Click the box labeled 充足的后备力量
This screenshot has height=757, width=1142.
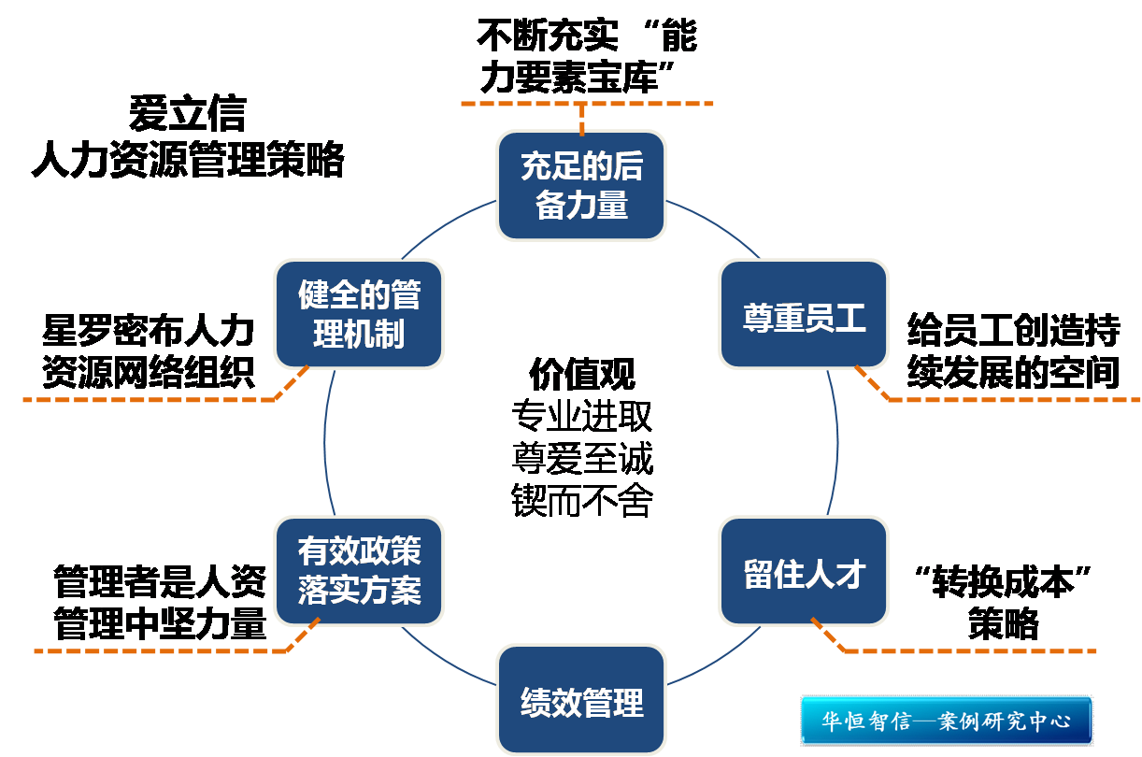click(x=581, y=186)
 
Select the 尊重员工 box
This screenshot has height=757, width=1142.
click(x=804, y=315)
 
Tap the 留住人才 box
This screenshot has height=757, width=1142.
click(x=804, y=572)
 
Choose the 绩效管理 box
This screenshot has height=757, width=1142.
click(x=581, y=701)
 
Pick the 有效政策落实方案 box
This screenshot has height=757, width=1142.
click(x=359, y=572)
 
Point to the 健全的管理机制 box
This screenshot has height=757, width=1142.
click(x=359, y=315)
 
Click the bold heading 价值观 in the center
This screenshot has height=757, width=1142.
click(x=581, y=375)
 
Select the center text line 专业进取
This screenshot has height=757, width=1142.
click(x=581, y=416)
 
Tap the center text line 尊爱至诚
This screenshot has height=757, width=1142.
click(x=581, y=458)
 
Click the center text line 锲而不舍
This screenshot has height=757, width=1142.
click(x=581, y=501)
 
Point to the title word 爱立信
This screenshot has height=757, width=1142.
click(x=187, y=114)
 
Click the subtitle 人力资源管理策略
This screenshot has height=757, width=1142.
click(x=187, y=160)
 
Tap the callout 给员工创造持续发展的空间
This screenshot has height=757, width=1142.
click(x=1013, y=351)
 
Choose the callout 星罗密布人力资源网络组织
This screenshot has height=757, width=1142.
click(x=148, y=351)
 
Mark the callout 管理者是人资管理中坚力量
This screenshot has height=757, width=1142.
click(x=160, y=602)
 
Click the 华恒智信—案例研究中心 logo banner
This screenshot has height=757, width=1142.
click(x=946, y=721)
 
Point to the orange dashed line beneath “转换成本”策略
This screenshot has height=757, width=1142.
click(x=972, y=650)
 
